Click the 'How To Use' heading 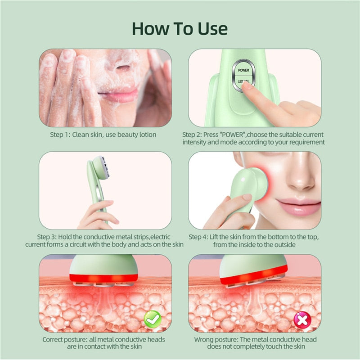[180, 28]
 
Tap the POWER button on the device [243, 70]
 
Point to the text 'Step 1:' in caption [61, 135]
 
